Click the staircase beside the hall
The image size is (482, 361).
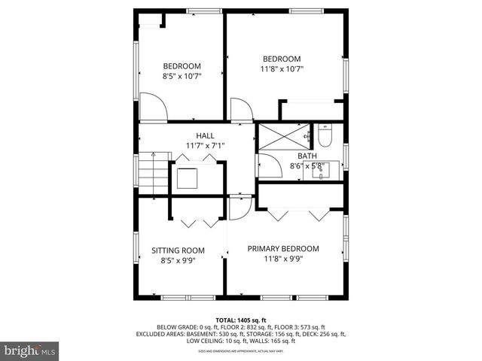pyautogui.click(x=152, y=174)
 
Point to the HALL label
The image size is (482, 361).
pyautogui.click(x=205, y=135)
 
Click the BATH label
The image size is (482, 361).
pyautogui.click(x=306, y=156)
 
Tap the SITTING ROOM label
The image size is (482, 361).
pyautogui.click(x=178, y=250)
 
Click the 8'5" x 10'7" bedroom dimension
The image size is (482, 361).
pyautogui.click(x=181, y=76)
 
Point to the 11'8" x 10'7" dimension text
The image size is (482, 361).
pyautogui.click(x=282, y=69)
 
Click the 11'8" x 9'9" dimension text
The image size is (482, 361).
pyautogui.click(x=282, y=260)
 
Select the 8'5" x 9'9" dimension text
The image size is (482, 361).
pyautogui.click(x=178, y=261)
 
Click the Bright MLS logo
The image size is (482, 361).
pyautogui.click(x=30, y=350)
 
